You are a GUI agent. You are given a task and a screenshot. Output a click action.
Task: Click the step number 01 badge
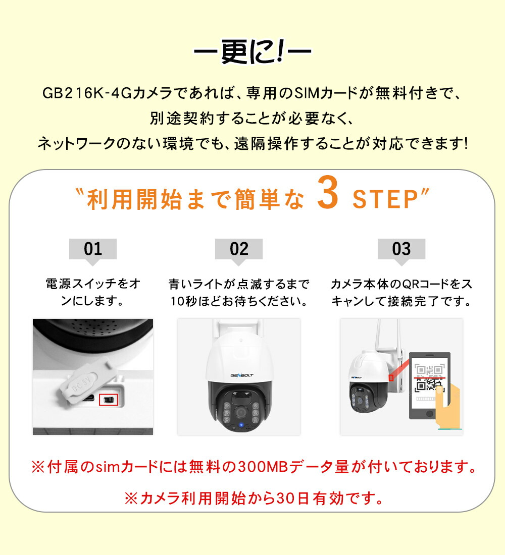tap(93, 249)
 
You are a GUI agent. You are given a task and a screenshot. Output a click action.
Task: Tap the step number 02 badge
tap(239, 249)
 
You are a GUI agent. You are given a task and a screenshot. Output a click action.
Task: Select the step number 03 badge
tap(401, 249)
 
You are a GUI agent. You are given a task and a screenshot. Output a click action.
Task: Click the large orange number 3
tap(327, 193)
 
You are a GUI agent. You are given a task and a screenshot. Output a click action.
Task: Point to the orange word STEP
tap(386, 199)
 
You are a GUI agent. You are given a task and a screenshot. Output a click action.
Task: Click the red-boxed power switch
tap(109, 400)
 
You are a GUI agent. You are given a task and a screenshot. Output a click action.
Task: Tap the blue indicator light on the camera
tap(241, 425)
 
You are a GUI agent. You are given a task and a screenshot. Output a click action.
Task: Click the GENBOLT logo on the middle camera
tap(242, 375)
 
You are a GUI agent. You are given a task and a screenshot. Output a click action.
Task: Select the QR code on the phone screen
tap(429, 378)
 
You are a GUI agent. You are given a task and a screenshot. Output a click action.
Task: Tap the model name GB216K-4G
tap(87, 93)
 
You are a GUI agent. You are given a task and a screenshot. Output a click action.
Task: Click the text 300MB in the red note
tap(263, 467)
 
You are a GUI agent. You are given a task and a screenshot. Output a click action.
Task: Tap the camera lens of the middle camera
tap(241, 412)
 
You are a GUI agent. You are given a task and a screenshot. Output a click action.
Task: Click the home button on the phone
tap(429, 413)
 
